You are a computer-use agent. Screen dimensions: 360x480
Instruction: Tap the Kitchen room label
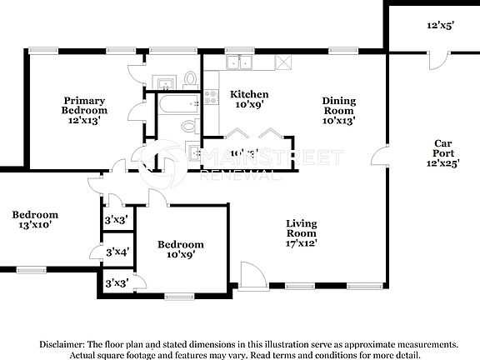(248, 99)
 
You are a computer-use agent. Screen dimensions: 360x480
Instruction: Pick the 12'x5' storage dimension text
(439, 26)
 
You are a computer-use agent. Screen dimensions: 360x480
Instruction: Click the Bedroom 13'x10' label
(34, 220)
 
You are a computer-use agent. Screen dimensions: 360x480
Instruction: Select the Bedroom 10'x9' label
(181, 249)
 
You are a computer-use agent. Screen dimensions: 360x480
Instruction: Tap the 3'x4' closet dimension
(116, 252)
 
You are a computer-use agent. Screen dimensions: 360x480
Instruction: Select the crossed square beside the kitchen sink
(286, 62)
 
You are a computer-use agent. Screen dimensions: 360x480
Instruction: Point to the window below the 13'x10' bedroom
(31, 269)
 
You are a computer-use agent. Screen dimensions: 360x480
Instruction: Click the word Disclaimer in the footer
(61, 344)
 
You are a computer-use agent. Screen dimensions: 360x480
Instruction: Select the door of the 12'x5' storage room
(432, 61)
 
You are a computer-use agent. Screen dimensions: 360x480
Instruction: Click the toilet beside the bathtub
(189, 127)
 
